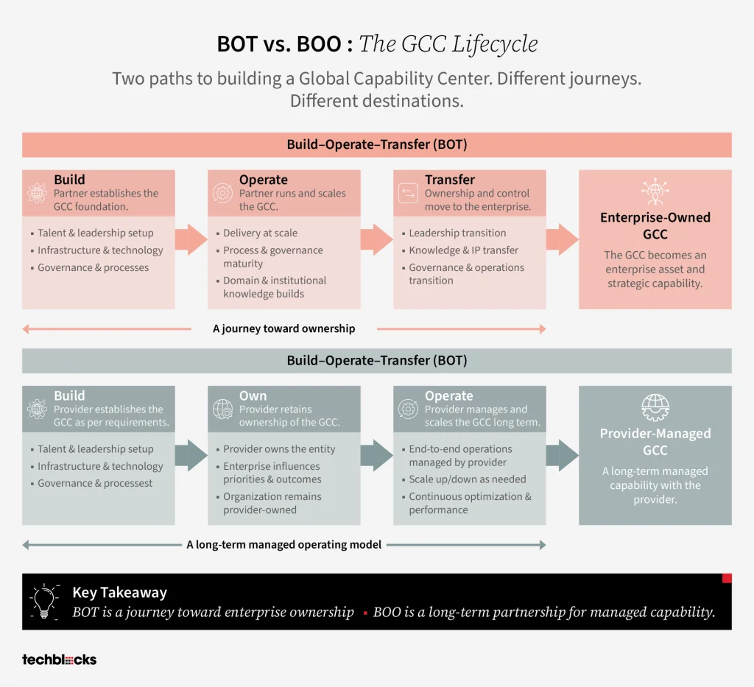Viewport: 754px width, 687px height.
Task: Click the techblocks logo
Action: coord(59,659)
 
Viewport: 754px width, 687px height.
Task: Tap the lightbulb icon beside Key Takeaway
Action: coord(44,602)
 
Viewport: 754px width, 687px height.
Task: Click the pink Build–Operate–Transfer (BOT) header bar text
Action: coord(377,144)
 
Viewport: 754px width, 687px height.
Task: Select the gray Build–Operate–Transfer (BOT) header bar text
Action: coord(377,361)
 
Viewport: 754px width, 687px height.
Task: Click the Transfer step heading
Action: coord(450,180)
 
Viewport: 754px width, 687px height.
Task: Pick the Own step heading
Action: coord(253,395)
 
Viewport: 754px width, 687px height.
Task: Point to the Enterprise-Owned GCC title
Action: coord(655,225)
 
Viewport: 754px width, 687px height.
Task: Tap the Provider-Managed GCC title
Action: coord(655,441)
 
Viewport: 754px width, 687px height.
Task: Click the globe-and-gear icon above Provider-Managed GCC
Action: coord(655,408)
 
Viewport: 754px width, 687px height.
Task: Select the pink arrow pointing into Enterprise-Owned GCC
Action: coord(562,239)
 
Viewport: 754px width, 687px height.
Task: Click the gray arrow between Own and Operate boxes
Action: coord(376,455)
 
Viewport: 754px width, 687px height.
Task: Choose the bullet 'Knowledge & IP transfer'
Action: coord(464,250)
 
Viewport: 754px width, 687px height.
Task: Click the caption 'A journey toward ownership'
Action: coord(283,328)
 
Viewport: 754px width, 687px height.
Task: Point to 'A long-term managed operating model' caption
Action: coord(283,544)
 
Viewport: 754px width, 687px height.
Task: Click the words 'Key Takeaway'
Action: coord(120,592)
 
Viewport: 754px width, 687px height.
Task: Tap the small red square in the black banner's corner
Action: coord(727,578)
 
